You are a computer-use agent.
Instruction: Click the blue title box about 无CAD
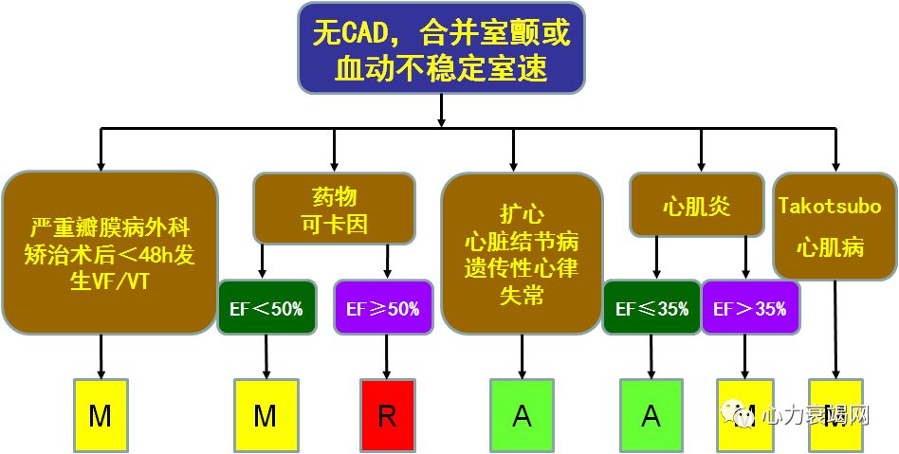(x=441, y=47)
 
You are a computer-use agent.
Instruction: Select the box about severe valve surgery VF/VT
(x=111, y=253)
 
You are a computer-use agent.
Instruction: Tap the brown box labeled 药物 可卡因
(x=334, y=209)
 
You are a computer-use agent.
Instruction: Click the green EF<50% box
(x=266, y=308)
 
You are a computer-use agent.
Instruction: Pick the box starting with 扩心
(x=522, y=253)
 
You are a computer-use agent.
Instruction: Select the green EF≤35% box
(x=651, y=308)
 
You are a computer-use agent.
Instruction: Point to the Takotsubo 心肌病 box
(x=830, y=226)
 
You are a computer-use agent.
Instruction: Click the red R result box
(x=387, y=415)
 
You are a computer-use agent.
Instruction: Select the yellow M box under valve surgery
(x=101, y=415)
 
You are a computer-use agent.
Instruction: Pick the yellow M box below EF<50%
(x=266, y=415)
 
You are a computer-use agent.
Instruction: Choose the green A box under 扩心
(x=522, y=415)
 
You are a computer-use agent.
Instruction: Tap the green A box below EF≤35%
(x=651, y=415)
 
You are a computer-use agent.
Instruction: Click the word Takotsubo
(x=830, y=206)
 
